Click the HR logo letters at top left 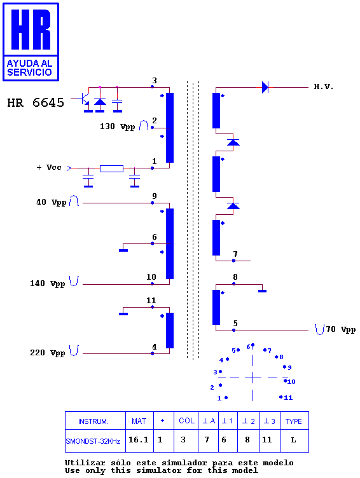pos(31,29)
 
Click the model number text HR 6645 pos(36,103)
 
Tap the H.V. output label pos(323,87)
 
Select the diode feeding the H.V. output pos(265,87)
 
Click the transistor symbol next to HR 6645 pos(85,99)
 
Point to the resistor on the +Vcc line pos(112,168)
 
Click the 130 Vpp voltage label pos(118,126)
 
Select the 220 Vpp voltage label pos(48,353)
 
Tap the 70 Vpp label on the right pos(341,329)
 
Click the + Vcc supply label pos(49,167)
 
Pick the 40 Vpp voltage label pos(52,202)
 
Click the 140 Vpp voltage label pos(48,283)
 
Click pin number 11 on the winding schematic pos(151,301)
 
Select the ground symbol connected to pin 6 pos(123,250)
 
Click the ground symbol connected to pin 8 pos(263,291)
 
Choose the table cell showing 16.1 pos(138,440)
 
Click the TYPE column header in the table pos(293,421)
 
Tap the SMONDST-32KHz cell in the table pos(93,441)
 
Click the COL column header pos(187,421)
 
